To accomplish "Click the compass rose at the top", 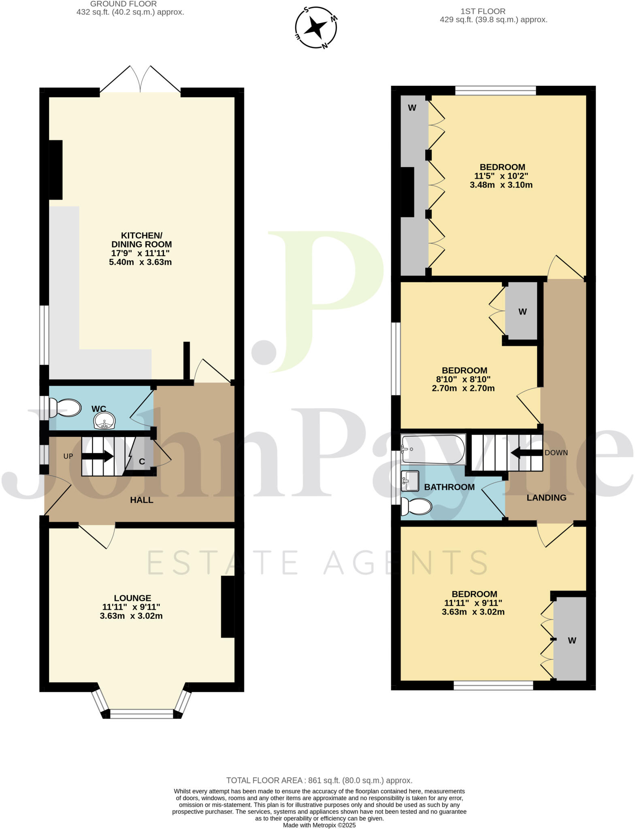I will pyautogui.click(x=316, y=28).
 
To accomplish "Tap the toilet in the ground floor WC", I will pyautogui.click(x=66, y=408).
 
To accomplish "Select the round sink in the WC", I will pyautogui.click(x=105, y=421).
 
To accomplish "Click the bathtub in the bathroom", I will pyautogui.click(x=433, y=449).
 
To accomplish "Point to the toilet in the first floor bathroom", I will pyautogui.click(x=416, y=506).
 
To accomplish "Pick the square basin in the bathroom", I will pyautogui.click(x=409, y=480).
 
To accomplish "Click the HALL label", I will pyautogui.click(x=141, y=500).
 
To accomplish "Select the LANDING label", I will pyautogui.click(x=546, y=498).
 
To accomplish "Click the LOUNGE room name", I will pyautogui.click(x=132, y=598).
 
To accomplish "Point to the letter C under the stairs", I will pyautogui.click(x=142, y=461).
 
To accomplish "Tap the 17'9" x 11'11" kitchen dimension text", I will pyautogui.click(x=141, y=253).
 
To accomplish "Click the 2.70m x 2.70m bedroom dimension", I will pyautogui.click(x=463, y=389).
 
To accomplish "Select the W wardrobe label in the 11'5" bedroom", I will pyautogui.click(x=412, y=108).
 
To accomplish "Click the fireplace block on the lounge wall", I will pyautogui.click(x=228, y=607).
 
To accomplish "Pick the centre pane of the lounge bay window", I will pyautogui.click(x=142, y=714).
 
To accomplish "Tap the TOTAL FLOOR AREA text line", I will pyautogui.click(x=319, y=780).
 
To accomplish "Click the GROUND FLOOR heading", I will pyautogui.click(x=124, y=4).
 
